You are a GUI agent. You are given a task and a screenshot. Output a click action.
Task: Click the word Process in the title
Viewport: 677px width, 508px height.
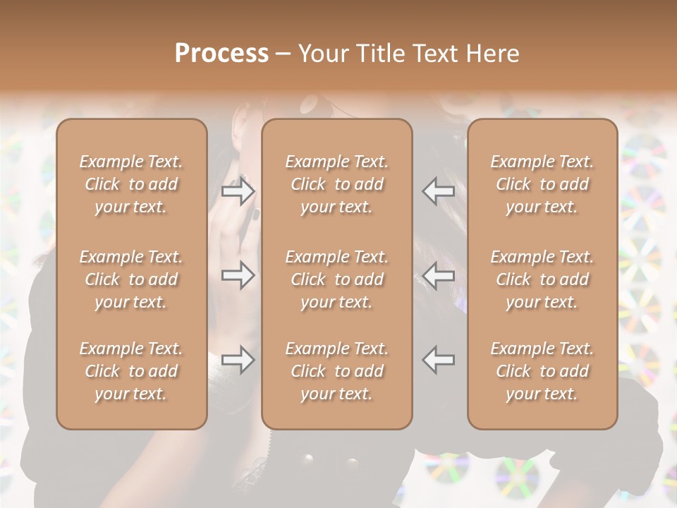tap(221, 54)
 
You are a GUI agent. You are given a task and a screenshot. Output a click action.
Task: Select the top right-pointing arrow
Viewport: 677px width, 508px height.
tap(238, 191)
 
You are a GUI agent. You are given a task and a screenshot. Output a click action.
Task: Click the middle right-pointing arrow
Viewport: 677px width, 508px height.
tap(238, 275)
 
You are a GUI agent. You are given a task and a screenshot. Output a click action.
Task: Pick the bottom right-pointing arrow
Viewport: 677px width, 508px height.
tap(238, 360)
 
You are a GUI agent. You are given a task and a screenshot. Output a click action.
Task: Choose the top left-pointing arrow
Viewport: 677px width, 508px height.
tap(439, 191)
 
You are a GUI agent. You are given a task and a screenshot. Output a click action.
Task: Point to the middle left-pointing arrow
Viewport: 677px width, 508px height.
tap(439, 275)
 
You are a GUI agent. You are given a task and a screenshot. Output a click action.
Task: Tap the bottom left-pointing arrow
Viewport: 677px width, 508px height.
tap(439, 360)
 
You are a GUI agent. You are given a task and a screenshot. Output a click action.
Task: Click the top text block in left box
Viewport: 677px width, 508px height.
tap(131, 184)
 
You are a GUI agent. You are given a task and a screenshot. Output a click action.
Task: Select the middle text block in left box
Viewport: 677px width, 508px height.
tap(131, 279)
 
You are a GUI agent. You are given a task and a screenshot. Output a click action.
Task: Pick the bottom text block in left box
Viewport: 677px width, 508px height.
tap(131, 371)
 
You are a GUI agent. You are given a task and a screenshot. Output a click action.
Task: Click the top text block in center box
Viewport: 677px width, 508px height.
tap(337, 184)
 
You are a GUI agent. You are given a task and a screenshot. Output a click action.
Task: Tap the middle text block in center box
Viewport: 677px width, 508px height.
tap(337, 279)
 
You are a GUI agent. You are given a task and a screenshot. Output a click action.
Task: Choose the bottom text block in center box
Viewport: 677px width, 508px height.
tap(337, 371)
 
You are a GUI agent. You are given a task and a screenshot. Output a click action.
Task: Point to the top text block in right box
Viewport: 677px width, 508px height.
tap(542, 184)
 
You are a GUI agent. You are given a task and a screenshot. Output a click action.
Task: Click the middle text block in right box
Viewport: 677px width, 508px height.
tap(542, 279)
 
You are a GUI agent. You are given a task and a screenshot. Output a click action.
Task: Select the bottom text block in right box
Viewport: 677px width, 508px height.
tap(542, 371)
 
